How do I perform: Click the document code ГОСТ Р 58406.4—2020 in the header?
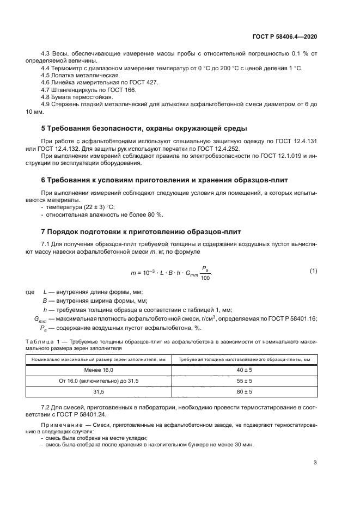292,36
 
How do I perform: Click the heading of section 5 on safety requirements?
144,128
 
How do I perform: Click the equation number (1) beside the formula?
313,271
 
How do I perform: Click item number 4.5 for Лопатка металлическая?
46,75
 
